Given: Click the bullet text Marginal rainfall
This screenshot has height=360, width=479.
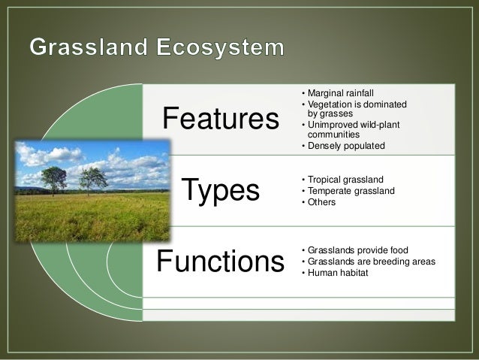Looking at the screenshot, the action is pyautogui.click(x=335, y=92).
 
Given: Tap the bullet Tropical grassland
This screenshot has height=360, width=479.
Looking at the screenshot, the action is pyautogui.click(x=345, y=180).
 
